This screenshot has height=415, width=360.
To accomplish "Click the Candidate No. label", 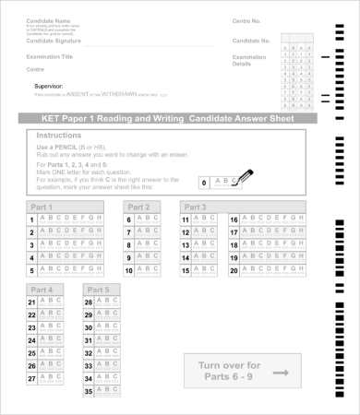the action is pos(251,41).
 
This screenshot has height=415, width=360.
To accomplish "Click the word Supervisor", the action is pos(51,86).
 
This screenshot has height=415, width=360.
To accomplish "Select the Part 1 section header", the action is pos(42,207).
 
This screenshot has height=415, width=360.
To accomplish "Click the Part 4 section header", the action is pos(42,290).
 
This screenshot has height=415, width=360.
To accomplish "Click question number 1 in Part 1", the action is pos(31,219).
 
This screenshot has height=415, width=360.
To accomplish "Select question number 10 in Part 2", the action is pos(129,271).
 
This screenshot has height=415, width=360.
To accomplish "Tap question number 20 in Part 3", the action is pos(234,271).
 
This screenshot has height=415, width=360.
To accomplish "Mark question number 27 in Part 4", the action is pos(32,379).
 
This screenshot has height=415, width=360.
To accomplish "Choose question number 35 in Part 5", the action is pos(89,392).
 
